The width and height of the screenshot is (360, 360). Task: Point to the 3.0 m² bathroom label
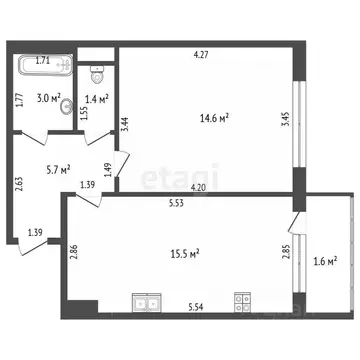tap(49, 98)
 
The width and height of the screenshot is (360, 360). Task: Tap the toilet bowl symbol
tap(97, 73)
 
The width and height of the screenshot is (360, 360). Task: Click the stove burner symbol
tap(241, 299)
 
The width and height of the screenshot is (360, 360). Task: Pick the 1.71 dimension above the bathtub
tap(44, 61)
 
